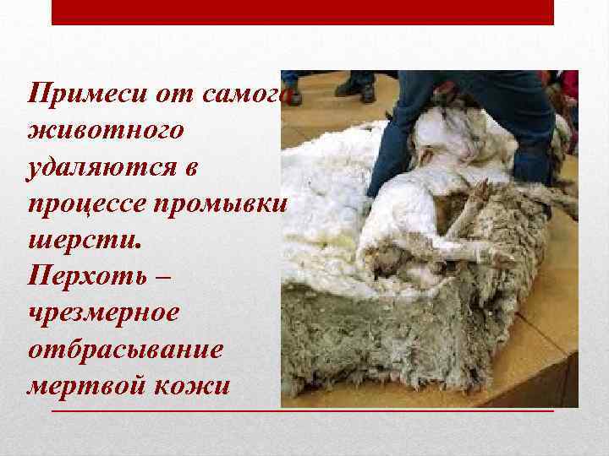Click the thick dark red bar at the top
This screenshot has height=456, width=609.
coord(303,12)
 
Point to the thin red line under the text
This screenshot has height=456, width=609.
coord(303,410)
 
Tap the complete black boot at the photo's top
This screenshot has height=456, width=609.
coord(355,84)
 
